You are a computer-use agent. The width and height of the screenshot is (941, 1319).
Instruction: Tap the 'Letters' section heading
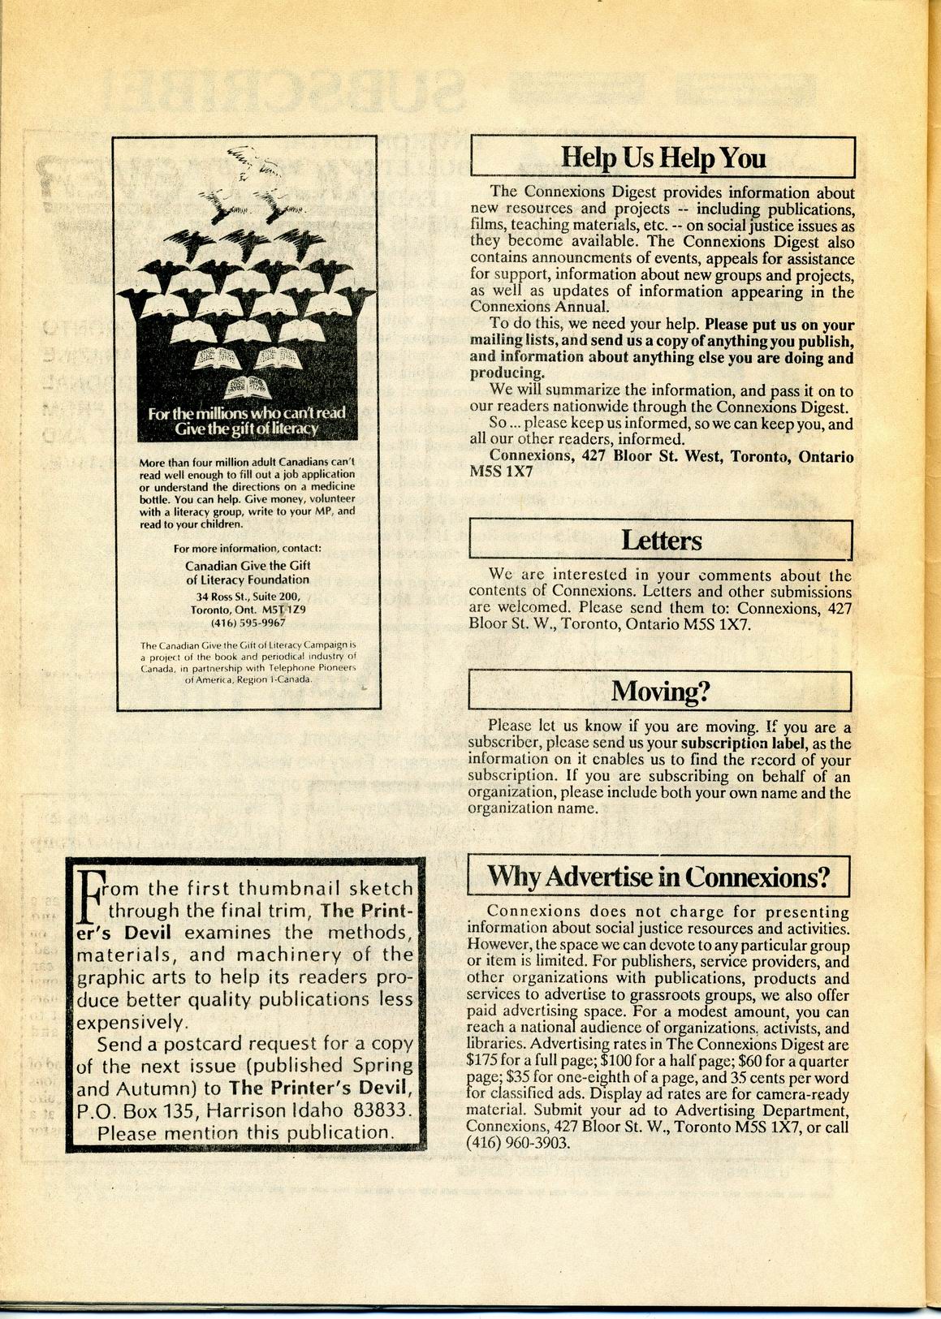[661, 541]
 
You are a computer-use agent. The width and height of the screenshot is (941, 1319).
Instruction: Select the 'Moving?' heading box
[660, 692]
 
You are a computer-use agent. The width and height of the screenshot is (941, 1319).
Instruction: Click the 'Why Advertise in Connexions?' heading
[658, 877]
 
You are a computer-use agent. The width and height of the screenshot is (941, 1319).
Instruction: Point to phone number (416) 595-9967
[248, 623]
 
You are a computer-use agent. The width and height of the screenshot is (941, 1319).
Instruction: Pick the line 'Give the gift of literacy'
[247, 429]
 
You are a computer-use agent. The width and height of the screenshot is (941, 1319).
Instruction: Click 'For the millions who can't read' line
[247, 413]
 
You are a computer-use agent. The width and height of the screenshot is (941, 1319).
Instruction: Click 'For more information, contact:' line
[248, 548]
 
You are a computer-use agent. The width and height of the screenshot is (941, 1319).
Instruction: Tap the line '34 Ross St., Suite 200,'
[248, 596]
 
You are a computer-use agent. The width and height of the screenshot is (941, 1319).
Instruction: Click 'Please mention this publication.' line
[244, 1132]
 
